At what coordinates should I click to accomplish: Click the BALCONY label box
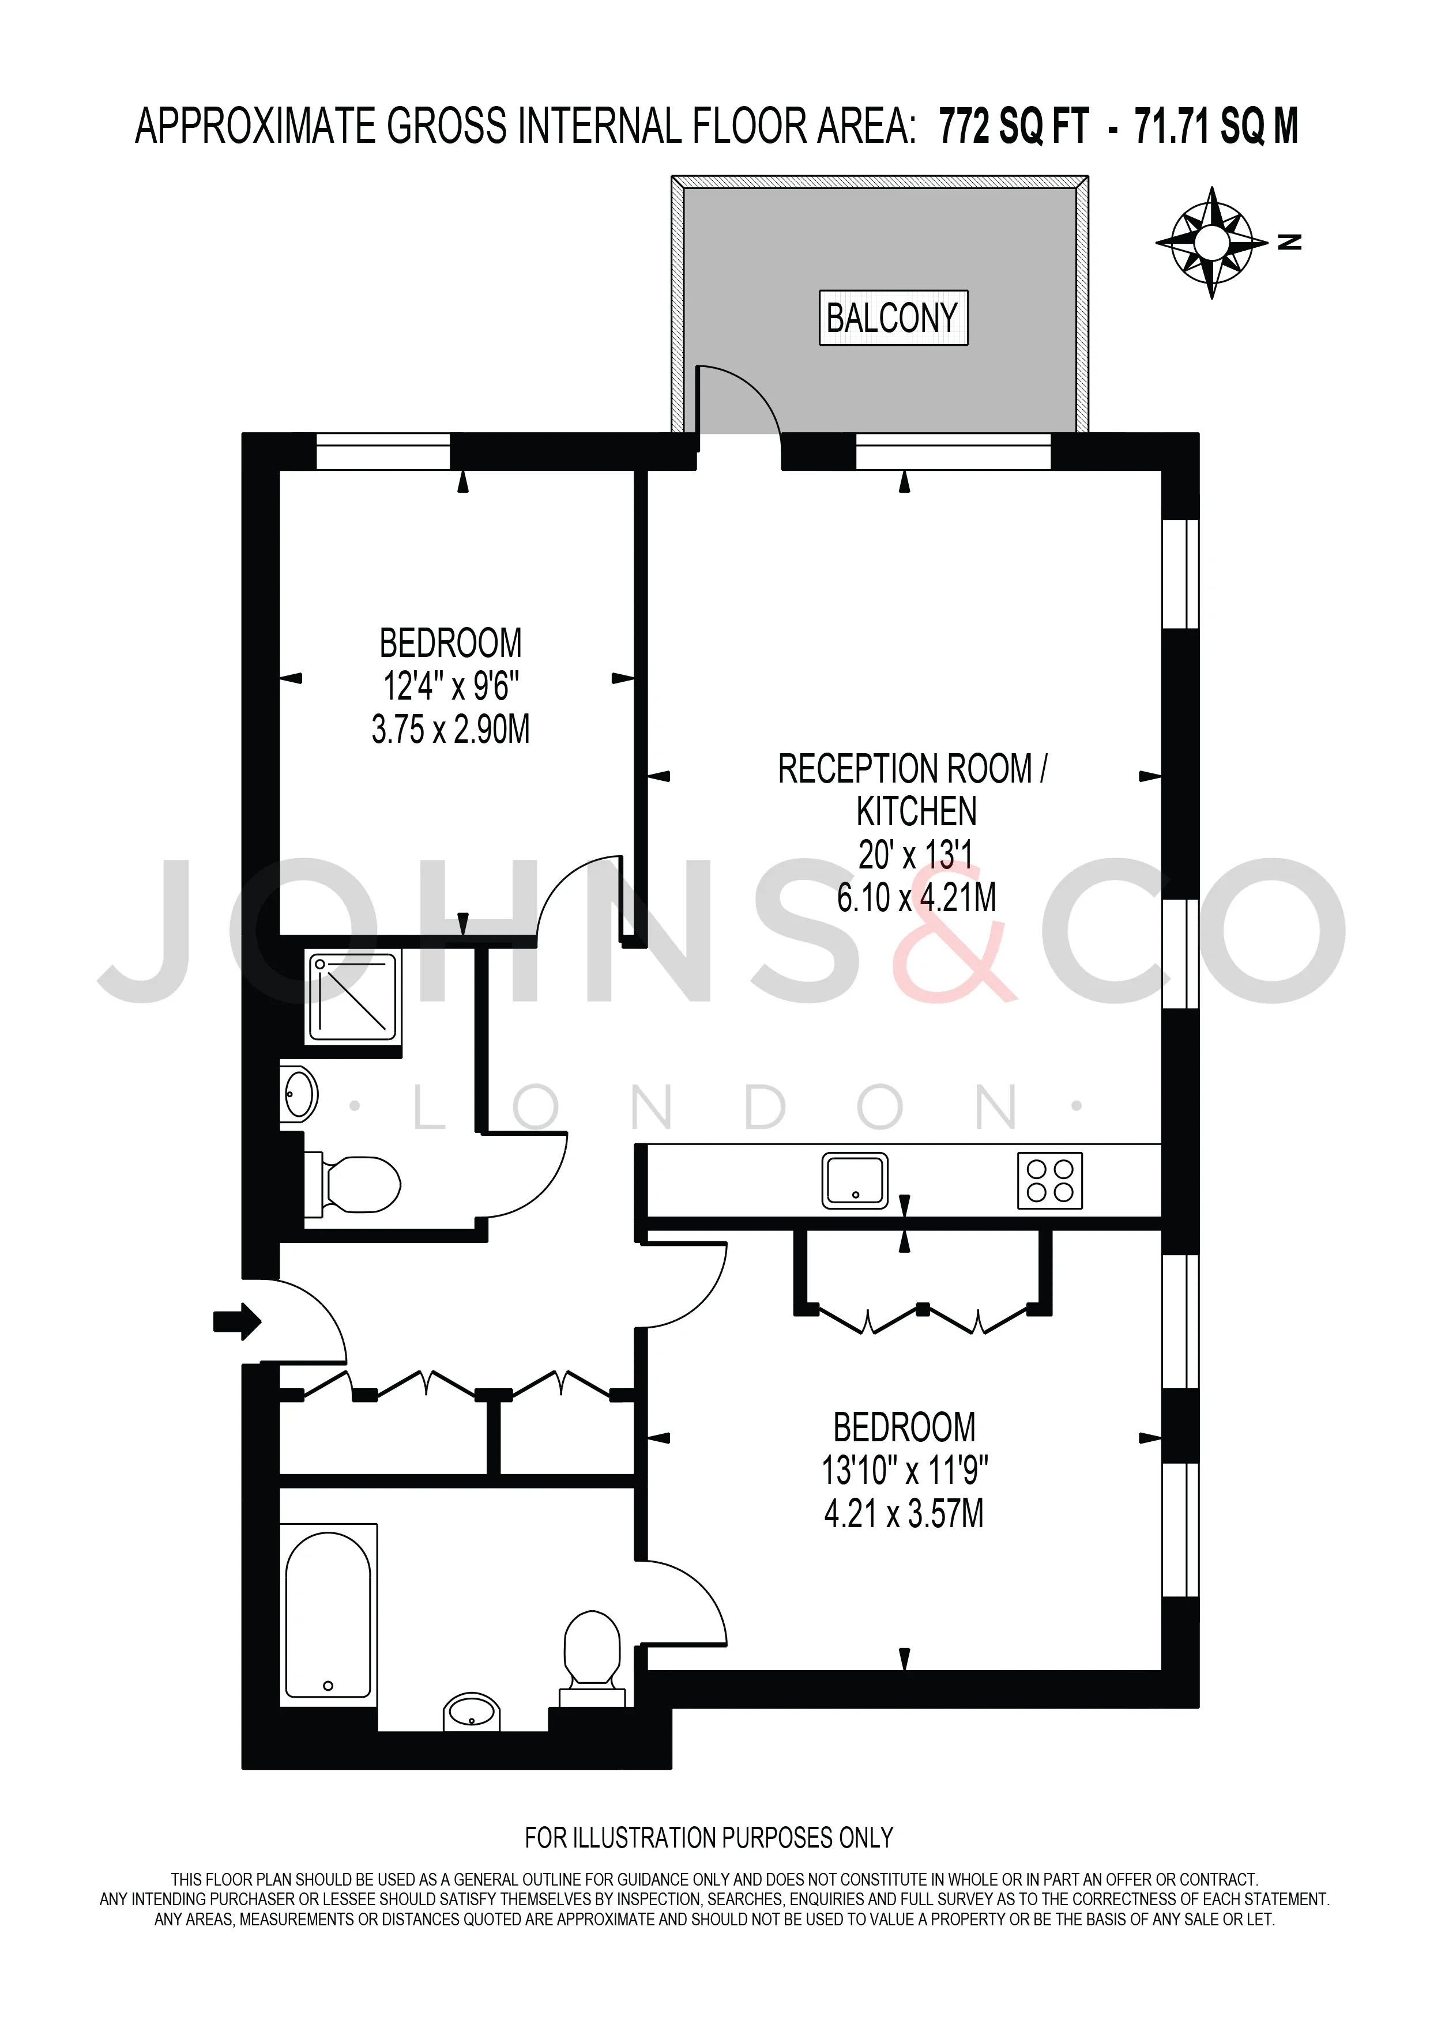point(893,318)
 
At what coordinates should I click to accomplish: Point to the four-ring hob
point(1049,1180)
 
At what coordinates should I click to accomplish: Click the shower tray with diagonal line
point(352,998)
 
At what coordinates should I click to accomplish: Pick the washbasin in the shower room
point(298,1094)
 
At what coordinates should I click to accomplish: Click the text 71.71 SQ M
point(1216,126)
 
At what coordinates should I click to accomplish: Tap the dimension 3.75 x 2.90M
point(451,730)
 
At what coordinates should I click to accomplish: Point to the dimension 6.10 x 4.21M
point(917,898)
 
